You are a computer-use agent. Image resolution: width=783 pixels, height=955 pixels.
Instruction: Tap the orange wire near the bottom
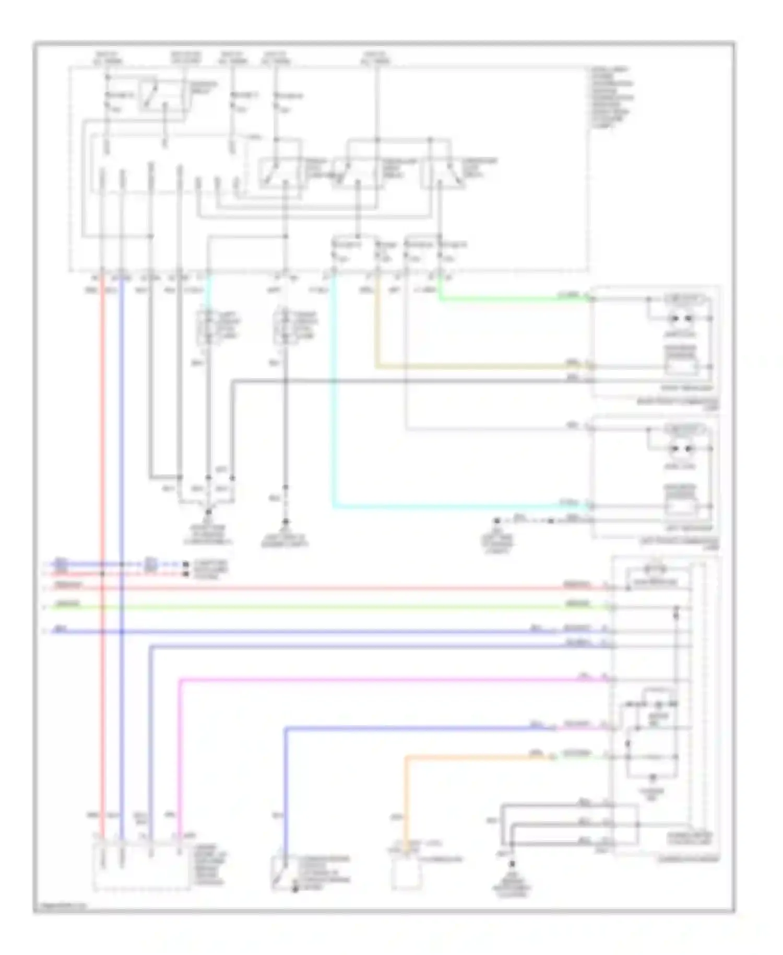470,756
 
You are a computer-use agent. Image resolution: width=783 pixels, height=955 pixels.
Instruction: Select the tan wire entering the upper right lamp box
470,366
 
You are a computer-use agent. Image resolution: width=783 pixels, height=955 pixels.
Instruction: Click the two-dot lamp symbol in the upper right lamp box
681,318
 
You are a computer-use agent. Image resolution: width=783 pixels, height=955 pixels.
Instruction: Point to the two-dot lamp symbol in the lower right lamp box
681,448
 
